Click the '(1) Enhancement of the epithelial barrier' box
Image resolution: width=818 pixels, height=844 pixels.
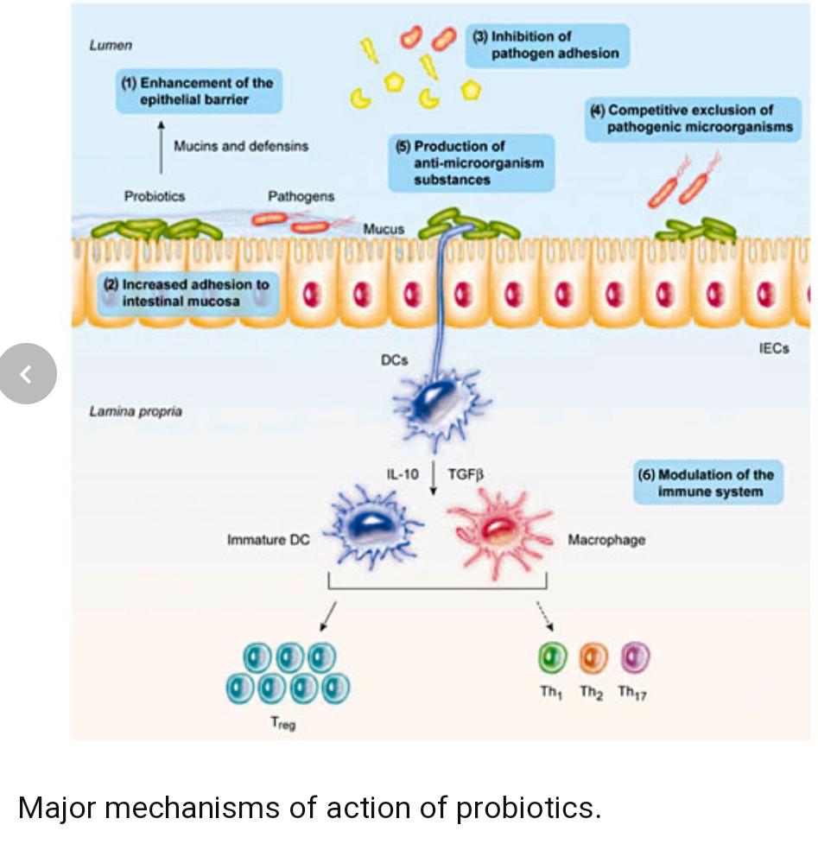(x=200, y=91)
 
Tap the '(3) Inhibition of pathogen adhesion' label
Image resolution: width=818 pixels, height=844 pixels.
(x=548, y=45)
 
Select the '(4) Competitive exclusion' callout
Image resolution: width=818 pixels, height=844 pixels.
(x=693, y=119)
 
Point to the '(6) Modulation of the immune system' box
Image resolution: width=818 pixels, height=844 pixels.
(x=707, y=483)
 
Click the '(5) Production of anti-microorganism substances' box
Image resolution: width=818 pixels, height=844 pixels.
(x=472, y=162)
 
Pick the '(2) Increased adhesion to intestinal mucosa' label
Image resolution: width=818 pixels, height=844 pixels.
(x=188, y=294)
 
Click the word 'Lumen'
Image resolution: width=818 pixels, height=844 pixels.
(x=111, y=45)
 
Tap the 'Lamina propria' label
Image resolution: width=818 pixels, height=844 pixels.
(x=136, y=412)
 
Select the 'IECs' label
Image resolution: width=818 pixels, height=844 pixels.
(x=774, y=349)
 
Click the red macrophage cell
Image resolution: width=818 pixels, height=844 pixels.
(x=498, y=532)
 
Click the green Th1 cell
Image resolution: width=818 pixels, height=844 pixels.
(x=552, y=657)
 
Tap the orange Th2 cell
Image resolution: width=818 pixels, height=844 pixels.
(x=593, y=657)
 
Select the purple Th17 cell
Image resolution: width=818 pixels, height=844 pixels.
(x=635, y=657)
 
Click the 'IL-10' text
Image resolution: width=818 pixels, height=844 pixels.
(x=402, y=474)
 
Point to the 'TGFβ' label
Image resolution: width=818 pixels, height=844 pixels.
(x=466, y=474)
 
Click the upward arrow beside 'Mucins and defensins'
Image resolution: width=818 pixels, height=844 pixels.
(x=161, y=147)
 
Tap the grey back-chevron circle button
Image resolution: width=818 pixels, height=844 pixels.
(x=28, y=373)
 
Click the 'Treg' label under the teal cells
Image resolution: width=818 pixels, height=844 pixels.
(x=283, y=723)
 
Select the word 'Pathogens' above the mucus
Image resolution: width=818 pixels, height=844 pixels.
(x=301, y=196)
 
